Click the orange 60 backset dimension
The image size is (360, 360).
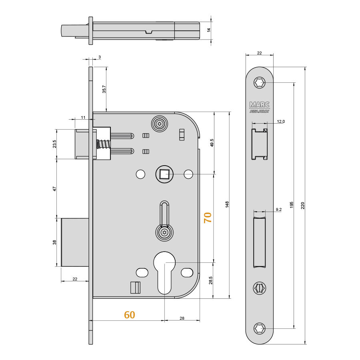tap(130, 315)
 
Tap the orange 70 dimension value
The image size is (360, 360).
tap(208, 218)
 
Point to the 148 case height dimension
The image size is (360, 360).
tap(227, 204)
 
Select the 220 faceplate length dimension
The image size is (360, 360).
tap(303, 206)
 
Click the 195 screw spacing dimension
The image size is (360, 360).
tap(292, 205)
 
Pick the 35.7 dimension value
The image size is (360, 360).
tap(104, 89)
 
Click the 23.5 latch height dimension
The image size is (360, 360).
tap(54, 144)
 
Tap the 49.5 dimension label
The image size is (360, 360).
tap(212, 143)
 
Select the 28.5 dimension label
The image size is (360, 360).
tap(211, 280)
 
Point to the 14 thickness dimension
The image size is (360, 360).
tap(209, 30)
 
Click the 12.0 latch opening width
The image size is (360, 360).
tap(281, 122)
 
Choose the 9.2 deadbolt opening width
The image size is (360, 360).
tap(278, 209)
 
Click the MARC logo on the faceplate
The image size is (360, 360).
tap(260, 105)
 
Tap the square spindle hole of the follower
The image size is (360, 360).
tap(164, 174)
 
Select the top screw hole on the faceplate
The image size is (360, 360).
tap(260, 83)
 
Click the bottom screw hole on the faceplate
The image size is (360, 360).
tap(260, 328)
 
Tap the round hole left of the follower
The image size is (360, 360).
tap(140, 174)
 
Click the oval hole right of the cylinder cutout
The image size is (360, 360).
tap(187, 272)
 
